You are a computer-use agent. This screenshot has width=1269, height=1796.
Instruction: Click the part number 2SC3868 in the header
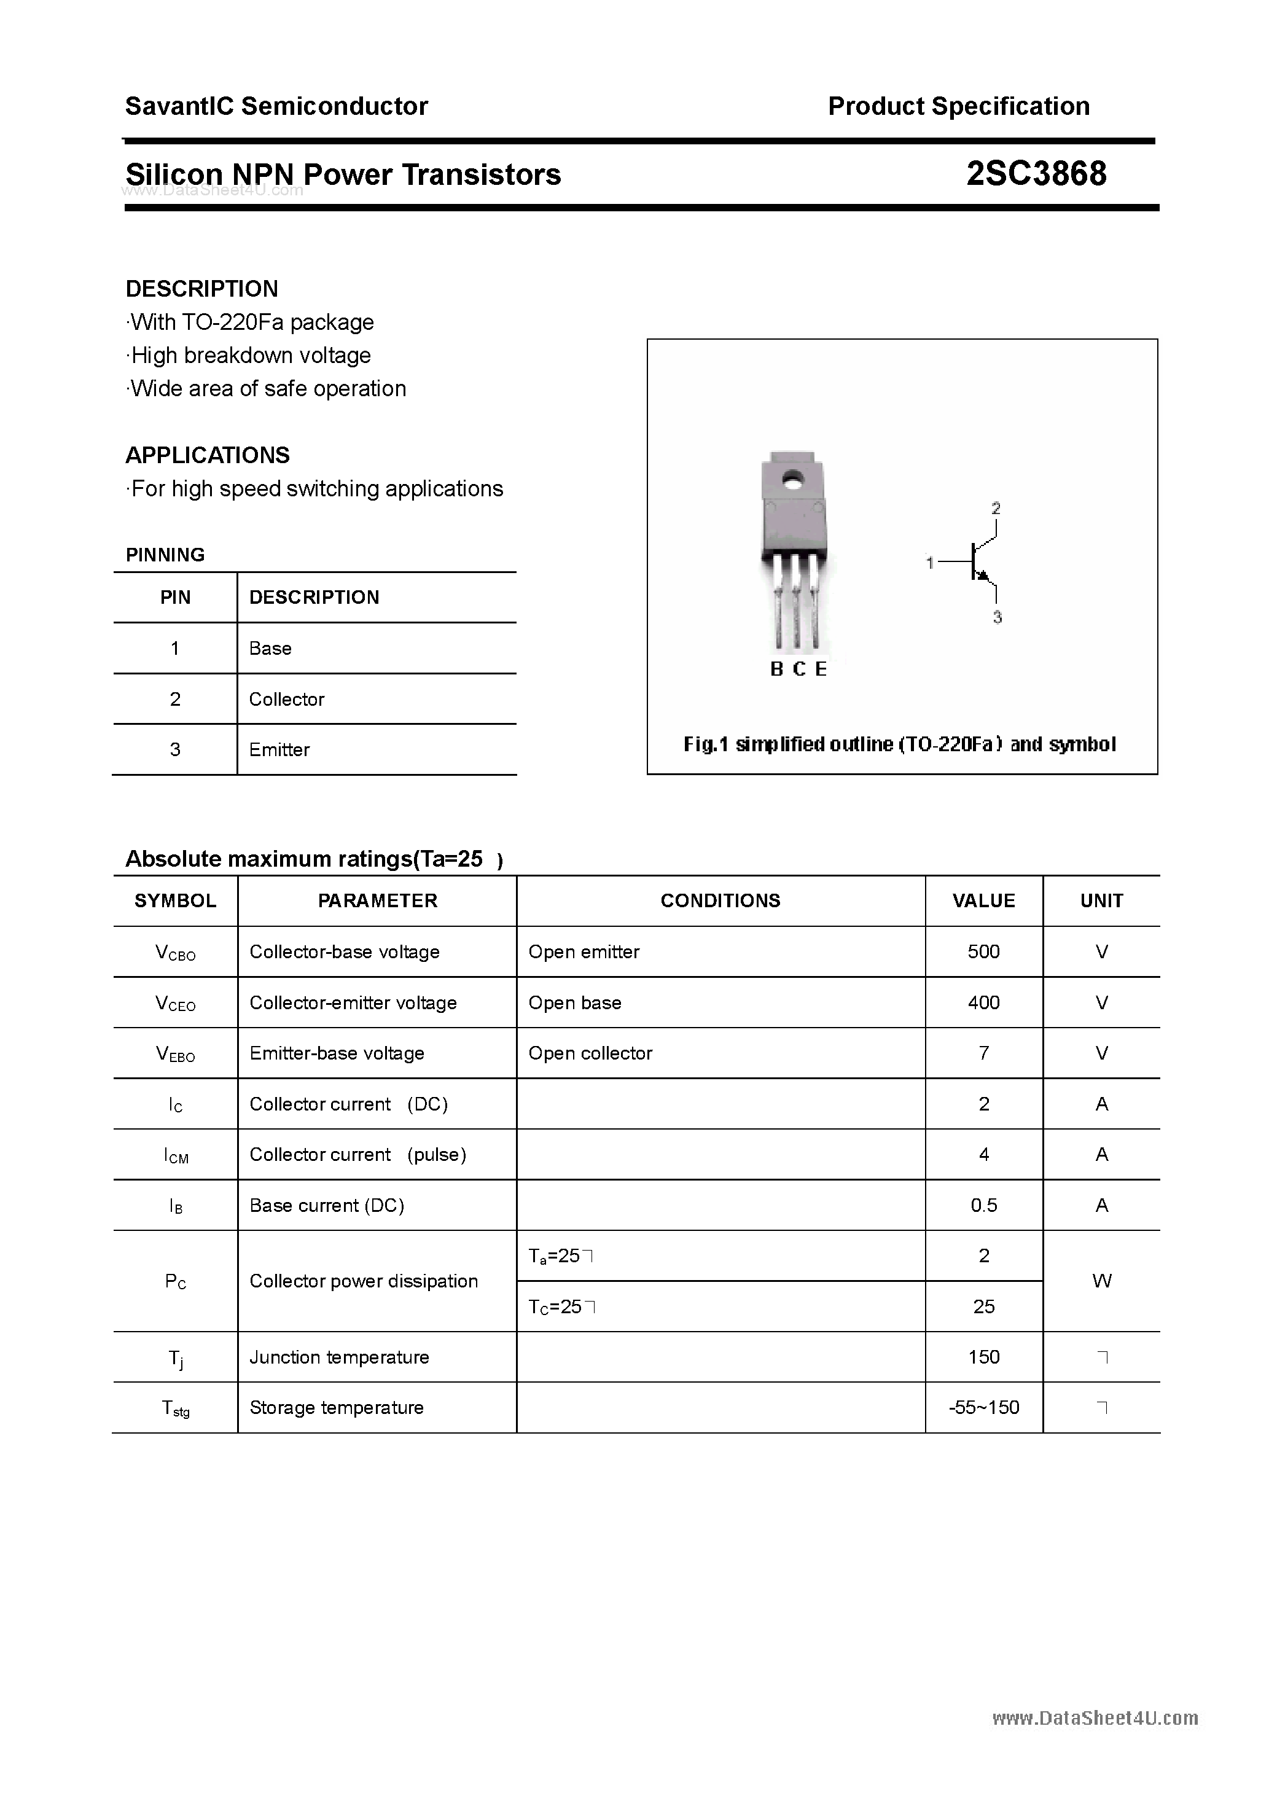pyautogui.click(x=1036, y=174)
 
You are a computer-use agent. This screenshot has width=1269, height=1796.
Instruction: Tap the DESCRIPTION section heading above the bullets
pyautogui.click(x=202, y=289)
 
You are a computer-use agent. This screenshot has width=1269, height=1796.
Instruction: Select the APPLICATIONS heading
pyautogui.click(x=208, y=455)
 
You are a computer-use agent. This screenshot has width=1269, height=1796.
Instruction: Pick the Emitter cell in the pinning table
pyautogui.click(x=279, y=749)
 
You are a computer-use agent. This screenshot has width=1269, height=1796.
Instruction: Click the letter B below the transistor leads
pyautogui.click(x=776, y=669)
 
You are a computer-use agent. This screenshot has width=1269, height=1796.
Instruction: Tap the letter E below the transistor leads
pyautogui.click(x=821, y=669)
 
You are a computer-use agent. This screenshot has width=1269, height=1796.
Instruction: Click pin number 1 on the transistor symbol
pyautogui.click(x=929, y=563)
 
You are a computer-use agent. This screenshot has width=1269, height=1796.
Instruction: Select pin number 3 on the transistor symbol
pyautogui.click(x=998, y=617)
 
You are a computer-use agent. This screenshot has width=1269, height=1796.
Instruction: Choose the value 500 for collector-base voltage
pyautogui.click(x=983, y=951)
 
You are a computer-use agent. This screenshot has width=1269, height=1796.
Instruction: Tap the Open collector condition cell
pyautogui.click(x=590, y=1053)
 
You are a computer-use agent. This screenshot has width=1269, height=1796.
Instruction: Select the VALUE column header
pyautogui.click(x=983, y=900)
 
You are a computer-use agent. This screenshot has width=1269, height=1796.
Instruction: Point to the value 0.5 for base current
pyautogui.click(x=983, y=1205)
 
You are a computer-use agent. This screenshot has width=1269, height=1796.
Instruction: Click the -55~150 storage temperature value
pyautogui.click(x=983, y=1407)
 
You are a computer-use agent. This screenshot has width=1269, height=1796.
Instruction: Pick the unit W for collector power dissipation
pyautogui.click(x=1101, y=1281)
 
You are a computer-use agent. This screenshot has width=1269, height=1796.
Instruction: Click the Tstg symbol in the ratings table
pyautogui.click(x=175, y=1408)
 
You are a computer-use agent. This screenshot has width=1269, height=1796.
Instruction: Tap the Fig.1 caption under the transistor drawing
pyautogui.click(x=900, y=744)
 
